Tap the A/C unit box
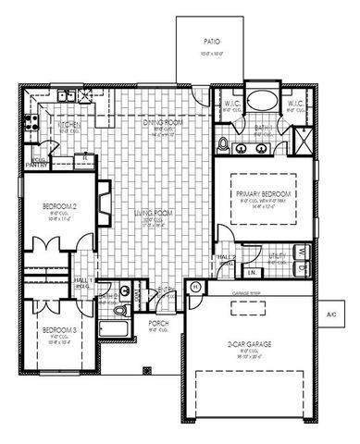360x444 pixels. (x=332, y=314)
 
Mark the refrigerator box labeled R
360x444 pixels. (x=84, y=159)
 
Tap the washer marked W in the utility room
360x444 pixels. (x=302, y=250)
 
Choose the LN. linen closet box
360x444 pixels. (x=251, y=273)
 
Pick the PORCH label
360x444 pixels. (x=158, y=324)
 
